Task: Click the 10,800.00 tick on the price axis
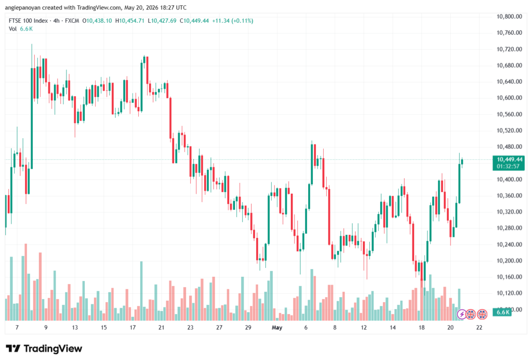click(509, 17)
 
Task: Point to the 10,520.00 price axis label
click(509, 131)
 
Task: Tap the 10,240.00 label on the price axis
click(509, 245)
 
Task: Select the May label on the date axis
click(277, 328)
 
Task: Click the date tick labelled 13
click(75, 328)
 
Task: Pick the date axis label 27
click(219, 328)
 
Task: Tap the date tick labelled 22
click(479, 328)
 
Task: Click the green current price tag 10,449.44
click(510, 159)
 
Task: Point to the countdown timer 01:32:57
click(508, 166)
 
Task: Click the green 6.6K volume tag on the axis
click(502, 313)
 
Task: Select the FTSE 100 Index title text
click(28, 21)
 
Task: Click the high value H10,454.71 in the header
click(129, 21)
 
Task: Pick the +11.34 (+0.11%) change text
click(232, 21)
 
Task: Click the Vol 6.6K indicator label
click(21, 29)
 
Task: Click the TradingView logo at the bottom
click(44, 348)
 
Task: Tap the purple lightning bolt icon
click(461, 315)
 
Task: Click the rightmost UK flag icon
click(482, 315)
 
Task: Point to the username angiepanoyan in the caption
click(23, 7)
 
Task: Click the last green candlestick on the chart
click(462, 162)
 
